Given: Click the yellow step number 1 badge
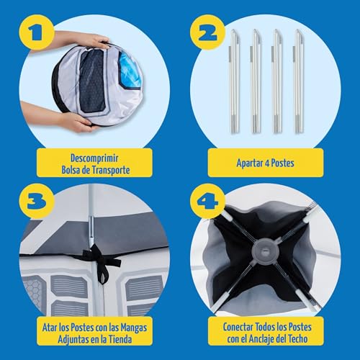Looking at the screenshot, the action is [x=36, y=32].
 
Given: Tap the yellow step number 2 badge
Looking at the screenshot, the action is [x=207, y=32].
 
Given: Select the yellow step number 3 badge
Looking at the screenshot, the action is [x=36, y=201].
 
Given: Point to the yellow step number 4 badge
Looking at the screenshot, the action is [x=207, y=201].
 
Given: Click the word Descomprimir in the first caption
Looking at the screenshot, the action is [x=94, y=158].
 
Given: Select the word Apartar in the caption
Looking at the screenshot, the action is [x=250, y=163].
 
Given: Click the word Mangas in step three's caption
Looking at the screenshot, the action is [x=133, y=328].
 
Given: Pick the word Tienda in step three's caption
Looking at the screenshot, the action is [x=120, y=339].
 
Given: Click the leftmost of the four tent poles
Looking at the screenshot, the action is [x=234, y=81].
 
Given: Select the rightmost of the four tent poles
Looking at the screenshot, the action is [x=299, y=81].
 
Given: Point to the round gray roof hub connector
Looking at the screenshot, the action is [x=266, y=251].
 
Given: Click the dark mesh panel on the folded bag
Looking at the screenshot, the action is [x=92, y=81].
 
